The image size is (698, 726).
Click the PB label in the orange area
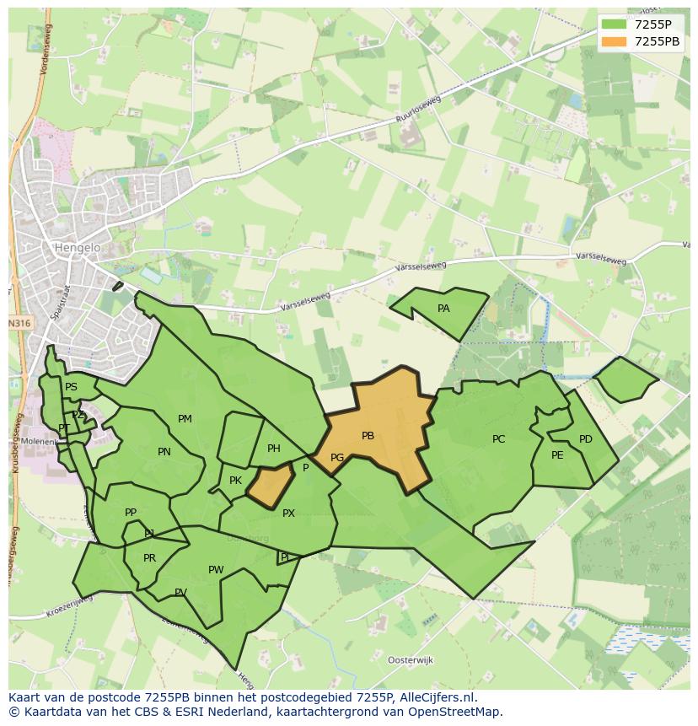(368, 436)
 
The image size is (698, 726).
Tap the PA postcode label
(443, 309)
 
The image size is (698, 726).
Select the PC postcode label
(498, 439)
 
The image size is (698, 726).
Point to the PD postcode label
(586, 439)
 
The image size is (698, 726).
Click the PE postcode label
(557, 455)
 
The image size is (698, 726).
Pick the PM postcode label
(185, 419)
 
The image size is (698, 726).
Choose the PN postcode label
(164, 452)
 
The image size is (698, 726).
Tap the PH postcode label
(274, 449)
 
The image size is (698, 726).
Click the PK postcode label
(235, 481)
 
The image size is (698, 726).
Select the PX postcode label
(288, 513)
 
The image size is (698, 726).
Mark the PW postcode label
(216, 570)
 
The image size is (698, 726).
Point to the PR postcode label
(149, 558)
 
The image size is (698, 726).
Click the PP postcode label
(131, 513)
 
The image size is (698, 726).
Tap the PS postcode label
(71, 387)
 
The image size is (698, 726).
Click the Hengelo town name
(77, 248)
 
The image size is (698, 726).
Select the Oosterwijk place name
(410, 659)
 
